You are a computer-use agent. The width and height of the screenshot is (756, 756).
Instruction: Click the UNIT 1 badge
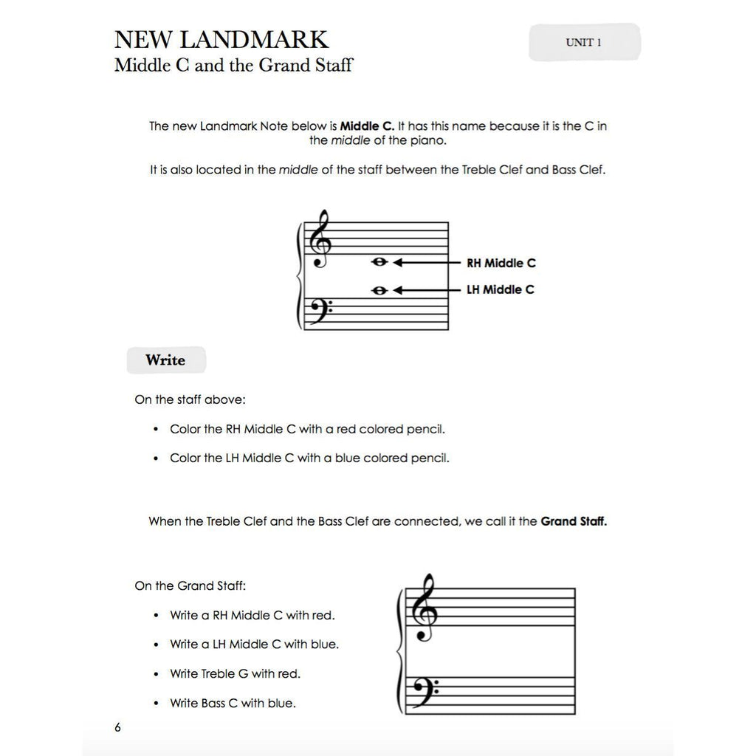point(584,43)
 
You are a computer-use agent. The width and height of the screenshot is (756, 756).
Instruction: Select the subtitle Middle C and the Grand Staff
point(233,66)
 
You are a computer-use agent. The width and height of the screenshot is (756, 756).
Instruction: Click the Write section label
point(165,360)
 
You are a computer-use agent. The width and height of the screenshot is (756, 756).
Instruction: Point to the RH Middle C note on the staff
point(380,262)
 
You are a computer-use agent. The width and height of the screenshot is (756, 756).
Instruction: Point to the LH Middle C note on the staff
point(380,290)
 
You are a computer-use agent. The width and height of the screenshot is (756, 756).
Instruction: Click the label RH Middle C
point(501,263)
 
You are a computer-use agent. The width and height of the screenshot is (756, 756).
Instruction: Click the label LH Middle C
point(501,289)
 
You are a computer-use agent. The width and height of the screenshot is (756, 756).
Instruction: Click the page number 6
point(117,727)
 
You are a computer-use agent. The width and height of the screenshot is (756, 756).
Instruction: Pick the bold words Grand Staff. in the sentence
point(574,521)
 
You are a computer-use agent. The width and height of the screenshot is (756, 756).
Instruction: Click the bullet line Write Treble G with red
point(235,673)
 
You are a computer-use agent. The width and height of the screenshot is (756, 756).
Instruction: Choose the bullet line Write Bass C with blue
point(233,703)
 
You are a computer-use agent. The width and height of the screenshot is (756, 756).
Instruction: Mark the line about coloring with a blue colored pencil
point(309,458)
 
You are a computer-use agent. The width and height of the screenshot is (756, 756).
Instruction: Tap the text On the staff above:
point(190,399)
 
